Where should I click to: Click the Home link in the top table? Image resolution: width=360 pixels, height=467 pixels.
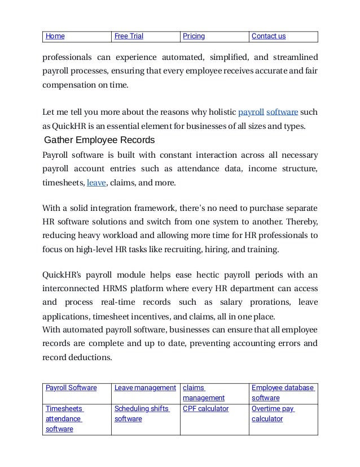click(55, 36)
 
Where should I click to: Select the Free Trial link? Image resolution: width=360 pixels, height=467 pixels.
click(129, 36)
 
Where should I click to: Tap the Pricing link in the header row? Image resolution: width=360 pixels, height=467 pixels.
click(194, 36)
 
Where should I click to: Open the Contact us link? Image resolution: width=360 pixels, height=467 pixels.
click(269, 36)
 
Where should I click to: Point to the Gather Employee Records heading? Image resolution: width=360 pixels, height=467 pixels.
click(99, 140)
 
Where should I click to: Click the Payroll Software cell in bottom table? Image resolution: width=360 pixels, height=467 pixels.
click(71, 387)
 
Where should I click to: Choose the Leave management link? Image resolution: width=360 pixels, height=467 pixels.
click(145, 387)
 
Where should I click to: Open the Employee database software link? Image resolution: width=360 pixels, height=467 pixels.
click(283, 392)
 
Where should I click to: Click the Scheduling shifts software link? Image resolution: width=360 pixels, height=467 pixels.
click(142, 414)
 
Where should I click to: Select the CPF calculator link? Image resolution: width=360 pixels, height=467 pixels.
click(205, 409)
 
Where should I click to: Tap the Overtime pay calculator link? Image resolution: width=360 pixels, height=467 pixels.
click(273, 414)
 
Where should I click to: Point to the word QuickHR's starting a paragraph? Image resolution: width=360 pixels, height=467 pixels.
click(63, 275)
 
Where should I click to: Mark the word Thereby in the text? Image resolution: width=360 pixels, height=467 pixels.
click(301, 220)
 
